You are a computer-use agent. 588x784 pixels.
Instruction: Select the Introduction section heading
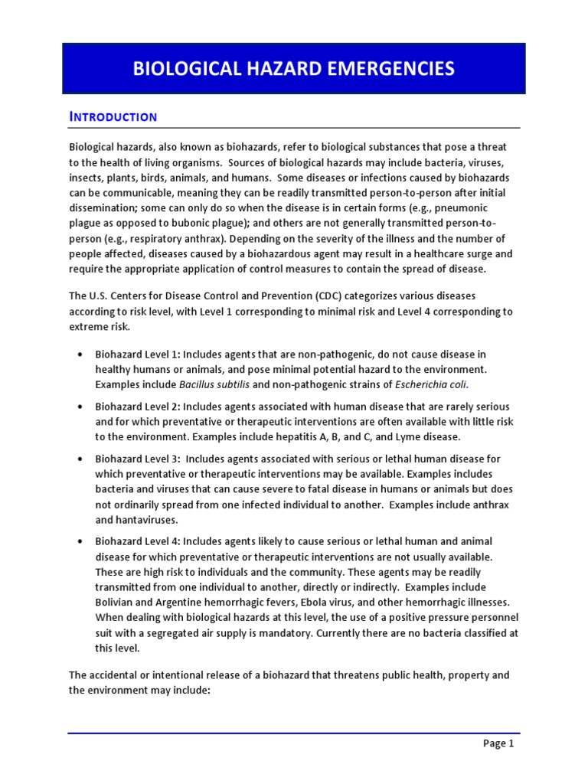click(x=113, y=117)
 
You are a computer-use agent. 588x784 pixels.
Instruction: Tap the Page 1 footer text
click(x=498, y=743)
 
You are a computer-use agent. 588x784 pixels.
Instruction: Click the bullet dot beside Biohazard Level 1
click(x=80, y=355)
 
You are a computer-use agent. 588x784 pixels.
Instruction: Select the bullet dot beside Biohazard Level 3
click(x=80, y=459)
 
